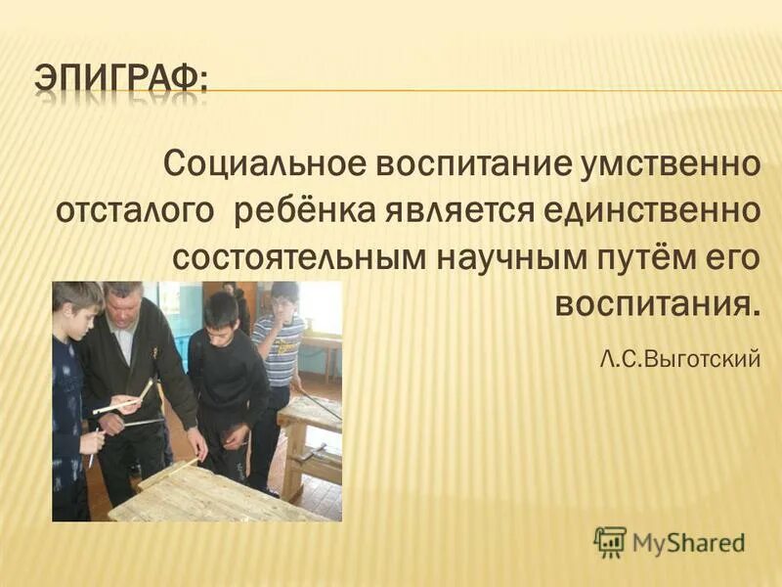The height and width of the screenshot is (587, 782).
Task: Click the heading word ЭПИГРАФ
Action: pos(121,75)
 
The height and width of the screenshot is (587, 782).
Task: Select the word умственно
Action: pos(667,162)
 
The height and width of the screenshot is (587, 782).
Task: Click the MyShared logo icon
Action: pos(610,541)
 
